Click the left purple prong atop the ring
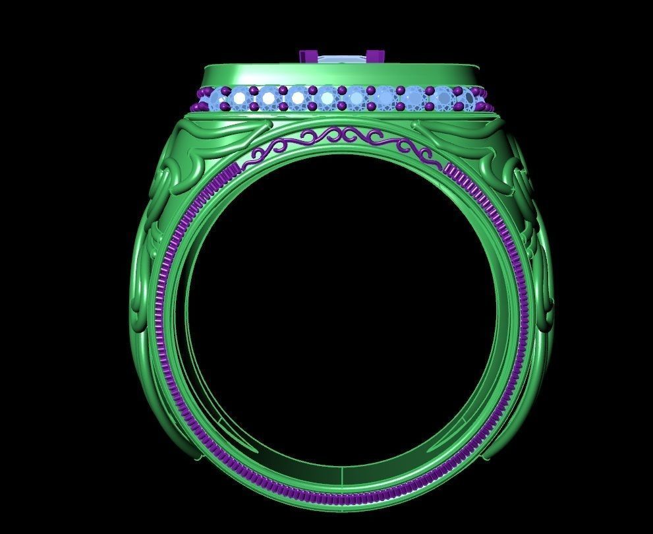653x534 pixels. click(308, 57)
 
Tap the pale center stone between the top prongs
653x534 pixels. click(342, 60)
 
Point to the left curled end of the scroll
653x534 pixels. click(254, 157)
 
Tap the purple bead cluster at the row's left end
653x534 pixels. click(197, 105)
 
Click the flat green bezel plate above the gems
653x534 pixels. click(341, 74)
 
